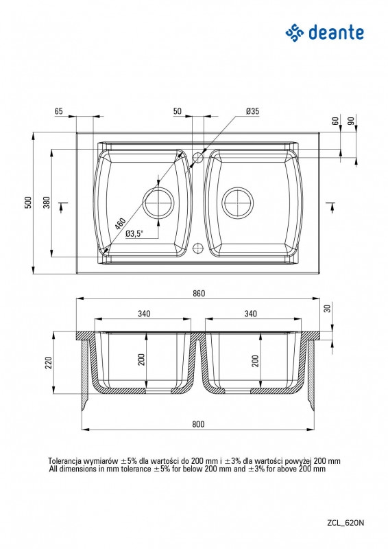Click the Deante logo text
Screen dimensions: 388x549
coord(336,33)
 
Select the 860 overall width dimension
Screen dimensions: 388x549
coord(199,293)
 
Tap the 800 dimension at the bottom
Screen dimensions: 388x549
coord(198,424)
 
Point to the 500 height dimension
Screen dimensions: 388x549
coord(28,202)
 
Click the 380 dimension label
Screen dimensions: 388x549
coord(47,202)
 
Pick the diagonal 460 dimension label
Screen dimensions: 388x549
coord(120,224)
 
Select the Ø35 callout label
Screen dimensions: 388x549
coord(252,111)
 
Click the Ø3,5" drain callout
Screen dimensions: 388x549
coord(134,233)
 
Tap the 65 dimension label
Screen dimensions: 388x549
coord(59,111)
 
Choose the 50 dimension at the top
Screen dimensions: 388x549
coord(178,111)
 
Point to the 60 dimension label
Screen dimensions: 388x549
coord(335,121)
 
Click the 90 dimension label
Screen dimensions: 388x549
coord(351,121)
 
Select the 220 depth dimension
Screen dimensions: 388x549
coord(49,362)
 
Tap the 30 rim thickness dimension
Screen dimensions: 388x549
coord(327,308)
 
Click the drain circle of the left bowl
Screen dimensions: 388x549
coord(159,202)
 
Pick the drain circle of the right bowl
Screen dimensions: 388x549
coord(238,202)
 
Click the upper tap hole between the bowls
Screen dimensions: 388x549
coord(198,158)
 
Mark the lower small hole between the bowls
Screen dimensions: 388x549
coord(198,248)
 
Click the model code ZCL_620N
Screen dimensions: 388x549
coord(345,523)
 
